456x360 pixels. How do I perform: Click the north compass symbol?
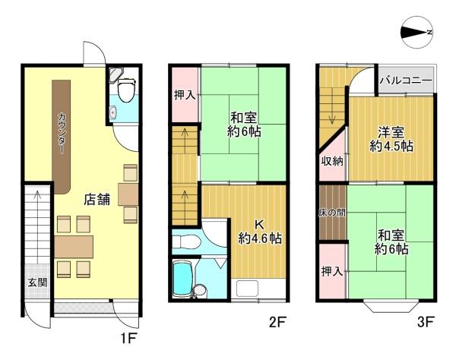click(x=416, y=32)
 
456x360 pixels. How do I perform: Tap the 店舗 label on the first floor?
click(x=98, y=201)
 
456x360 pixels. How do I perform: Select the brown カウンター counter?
click(x=61, y=134)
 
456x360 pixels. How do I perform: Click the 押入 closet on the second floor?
click(x=185, y=95)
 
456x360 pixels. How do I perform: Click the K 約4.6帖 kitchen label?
click(x=259, y=231)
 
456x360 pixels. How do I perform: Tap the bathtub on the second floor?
click(x=184, y=279)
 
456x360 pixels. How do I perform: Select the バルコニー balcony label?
click(x=406, y=81)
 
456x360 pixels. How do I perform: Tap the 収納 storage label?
click(x=331, y=161)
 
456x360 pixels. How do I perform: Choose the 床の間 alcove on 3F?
click(x=331, y=212)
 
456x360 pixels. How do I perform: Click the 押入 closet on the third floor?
click(x=331, y=271)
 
